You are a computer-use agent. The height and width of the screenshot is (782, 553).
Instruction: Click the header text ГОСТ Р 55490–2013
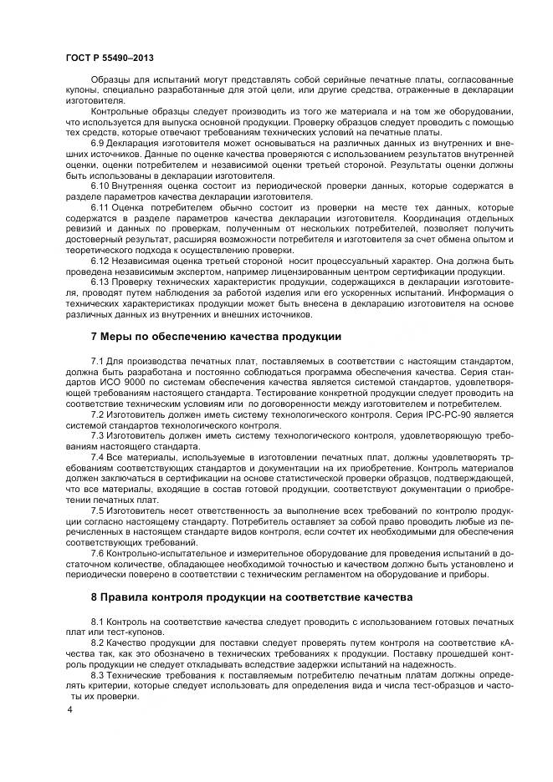pyautogui.click(x=109, y=58)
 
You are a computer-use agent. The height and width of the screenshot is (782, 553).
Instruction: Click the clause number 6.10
pyautogui.click(x=100, y=185)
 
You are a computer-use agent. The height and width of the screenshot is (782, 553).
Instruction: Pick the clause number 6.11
pyautogui.click(x=100, y=206)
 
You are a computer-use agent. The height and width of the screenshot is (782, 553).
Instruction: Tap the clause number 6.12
pyautogui.click(x=100, y=259)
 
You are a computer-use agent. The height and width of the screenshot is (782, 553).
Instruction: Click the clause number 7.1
pyautogui.click(x=98, y=360)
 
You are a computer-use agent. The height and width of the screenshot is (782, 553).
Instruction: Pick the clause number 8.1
pyautogui.click(x=98, y=622)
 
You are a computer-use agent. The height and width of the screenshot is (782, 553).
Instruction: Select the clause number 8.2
pyautogui.click(x=98, y=643)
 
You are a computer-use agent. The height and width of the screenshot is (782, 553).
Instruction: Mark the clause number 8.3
pyautogui.click(x=98, y=674)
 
